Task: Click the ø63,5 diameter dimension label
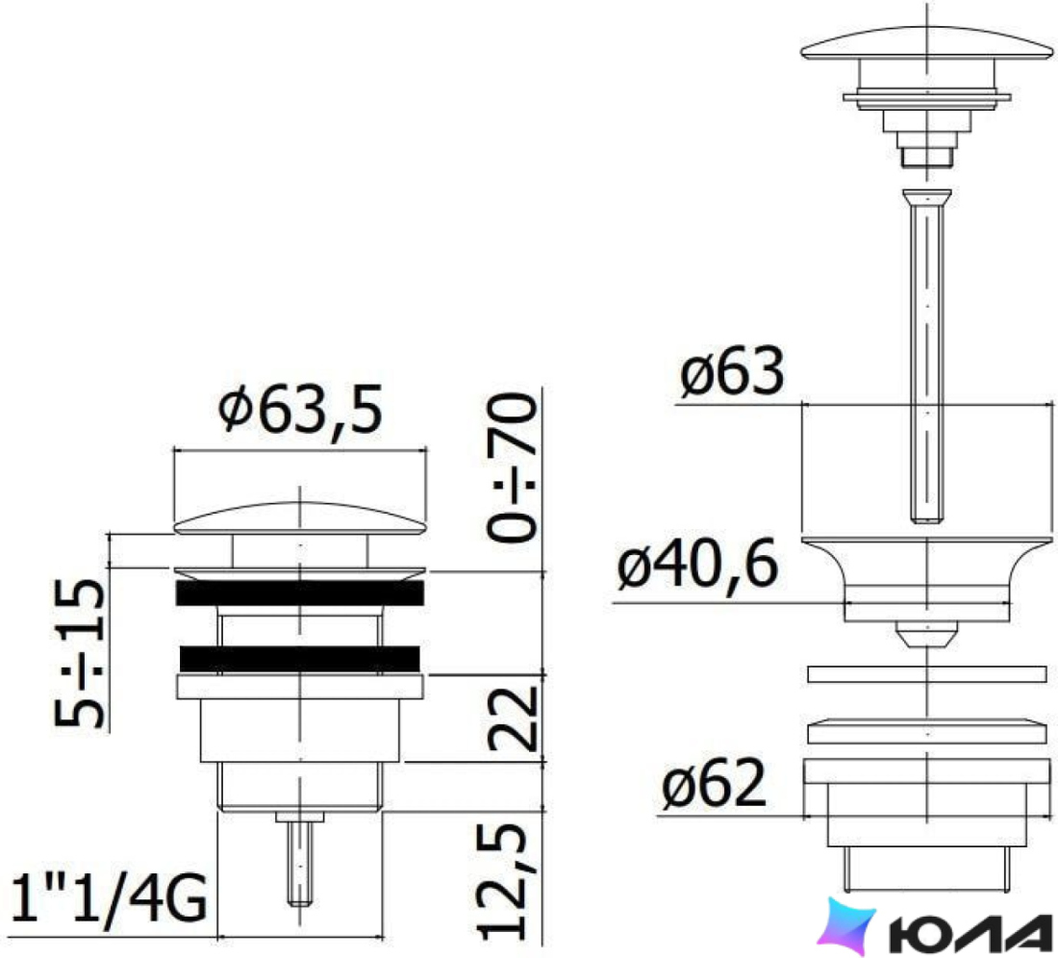pos(300,410)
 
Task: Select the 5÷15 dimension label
pos(80,653)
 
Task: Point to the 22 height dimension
pos(514,719)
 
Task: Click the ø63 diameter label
pos(732,371)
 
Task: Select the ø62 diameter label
pos(715,784)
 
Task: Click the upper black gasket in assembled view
pos(300,592)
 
